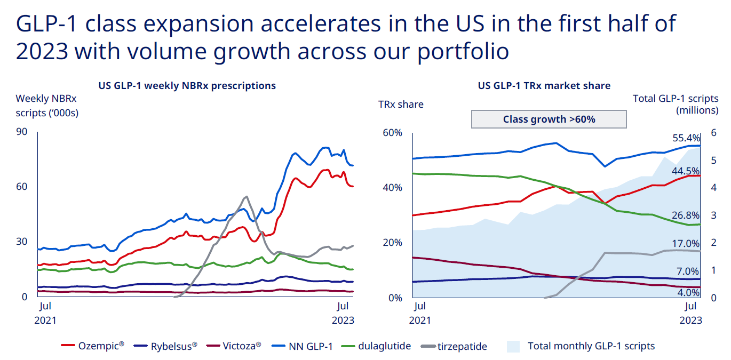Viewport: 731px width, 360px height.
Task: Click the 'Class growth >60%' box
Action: (x=549, y=119)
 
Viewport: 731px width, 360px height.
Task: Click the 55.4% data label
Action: (x=687, y=138)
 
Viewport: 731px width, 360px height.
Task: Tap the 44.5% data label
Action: (x=687, y=171)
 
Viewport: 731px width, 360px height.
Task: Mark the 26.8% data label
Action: (x=687, y=215)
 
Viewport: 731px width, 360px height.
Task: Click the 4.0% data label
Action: (x=689, y=292)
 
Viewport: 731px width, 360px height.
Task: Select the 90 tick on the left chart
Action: (x=22, y=132)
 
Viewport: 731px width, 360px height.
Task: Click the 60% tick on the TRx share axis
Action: (x=392, y=132)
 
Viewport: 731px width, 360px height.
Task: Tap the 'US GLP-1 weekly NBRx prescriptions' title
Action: (x=187, y=85)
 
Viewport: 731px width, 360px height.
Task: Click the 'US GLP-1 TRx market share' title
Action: (x=544, y=85)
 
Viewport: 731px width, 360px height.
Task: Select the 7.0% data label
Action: (x=689, y=271)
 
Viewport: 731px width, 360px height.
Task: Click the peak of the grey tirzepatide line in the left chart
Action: (x=246, y=197)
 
